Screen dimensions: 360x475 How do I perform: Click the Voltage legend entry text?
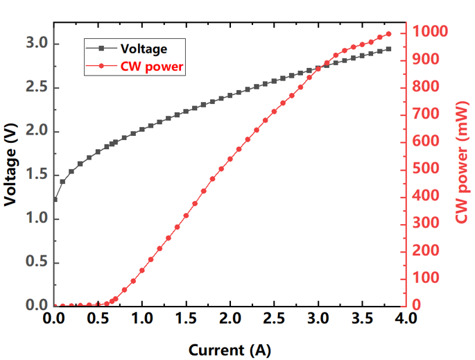(x=144, y=49)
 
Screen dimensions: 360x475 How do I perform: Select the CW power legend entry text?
(x=152, y=67)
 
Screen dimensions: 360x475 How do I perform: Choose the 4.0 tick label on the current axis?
(x=406, y=318)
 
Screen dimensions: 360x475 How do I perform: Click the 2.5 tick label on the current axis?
(x=274, y=318)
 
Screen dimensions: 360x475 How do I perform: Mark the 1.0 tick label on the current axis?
(x=141, y=318)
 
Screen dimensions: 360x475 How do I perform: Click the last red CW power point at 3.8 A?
(x=388, y=34)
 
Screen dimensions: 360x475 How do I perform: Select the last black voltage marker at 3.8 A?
(x=388, y=49)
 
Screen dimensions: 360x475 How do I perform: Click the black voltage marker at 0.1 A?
(x=62, y=182)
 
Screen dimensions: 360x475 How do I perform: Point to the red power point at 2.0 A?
(x=230, y=159)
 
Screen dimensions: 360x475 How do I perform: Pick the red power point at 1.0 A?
(x=141, y=271)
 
